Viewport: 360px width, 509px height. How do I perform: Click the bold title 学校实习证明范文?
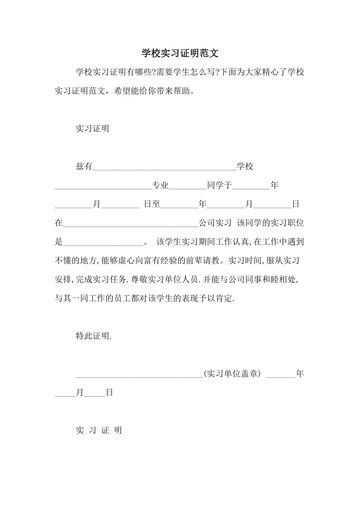[180, 53]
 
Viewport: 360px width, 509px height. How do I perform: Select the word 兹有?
[84, 166]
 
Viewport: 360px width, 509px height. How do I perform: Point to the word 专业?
[160, 185]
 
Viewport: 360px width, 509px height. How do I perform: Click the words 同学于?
[219, 185]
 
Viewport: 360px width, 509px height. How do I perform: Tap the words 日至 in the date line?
[152, 204]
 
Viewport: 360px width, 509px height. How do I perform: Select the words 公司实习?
[215, 223]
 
